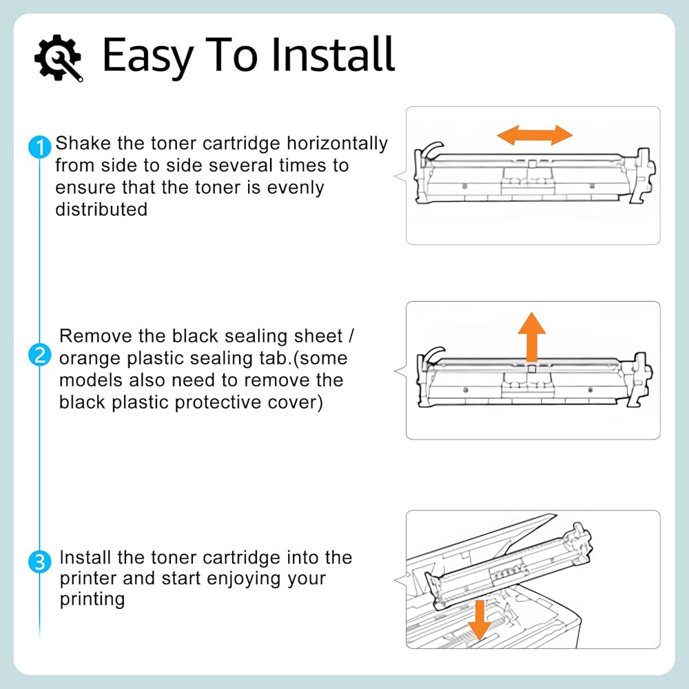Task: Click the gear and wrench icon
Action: tap(59, 58)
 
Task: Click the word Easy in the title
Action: tap(148, 56)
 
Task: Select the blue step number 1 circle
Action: tap(39, 147)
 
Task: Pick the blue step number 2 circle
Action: tap(39, 355)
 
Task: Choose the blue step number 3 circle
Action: tap(39, 562)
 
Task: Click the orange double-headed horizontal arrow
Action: tap(535, 134)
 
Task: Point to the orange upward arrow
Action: tap(532, 337)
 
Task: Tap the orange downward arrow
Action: tap(480, 620)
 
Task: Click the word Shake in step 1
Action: tap(83, 143)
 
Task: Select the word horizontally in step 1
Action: tap(337, 144)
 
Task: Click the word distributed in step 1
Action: tap(101, 209)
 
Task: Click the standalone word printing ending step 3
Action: tap(92, 600)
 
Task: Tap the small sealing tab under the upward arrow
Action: tap(532, 368)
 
